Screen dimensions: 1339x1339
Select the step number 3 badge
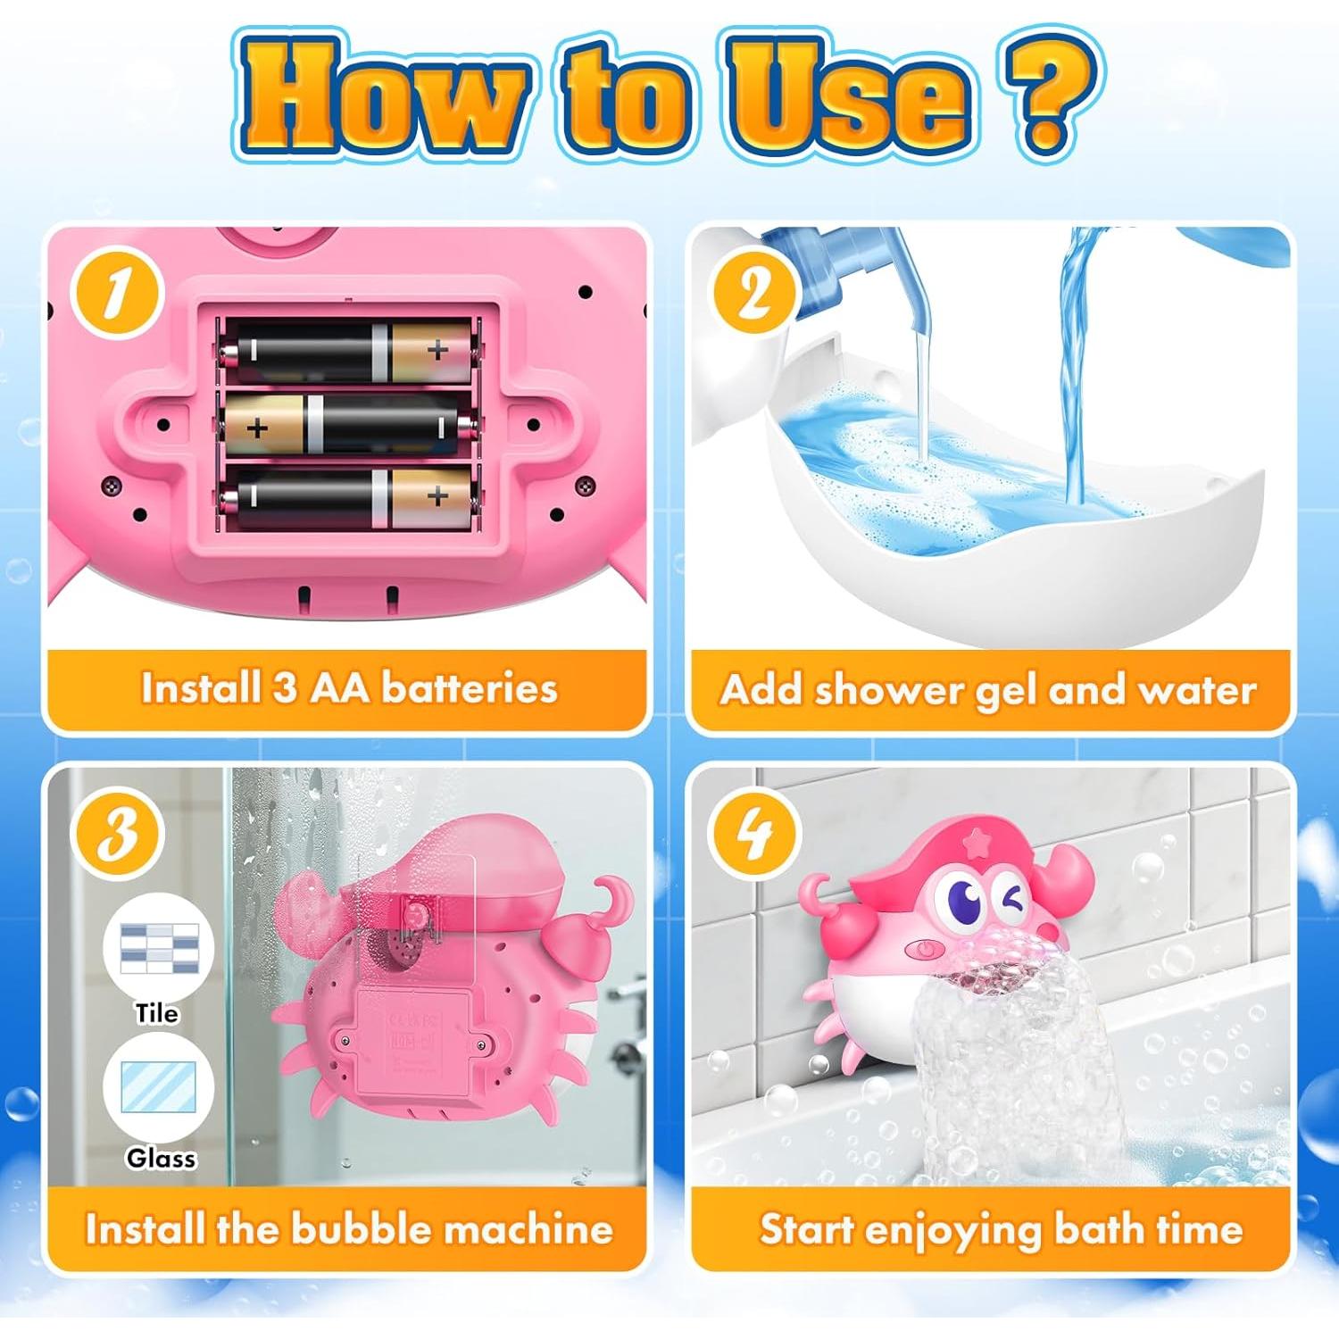pos(117,834)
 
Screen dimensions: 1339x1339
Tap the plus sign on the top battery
pos(437,351)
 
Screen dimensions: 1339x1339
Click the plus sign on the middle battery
pos(257,428)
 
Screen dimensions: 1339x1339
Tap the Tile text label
pos(157,1013)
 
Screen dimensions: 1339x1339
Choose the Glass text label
pos(161,1158)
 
